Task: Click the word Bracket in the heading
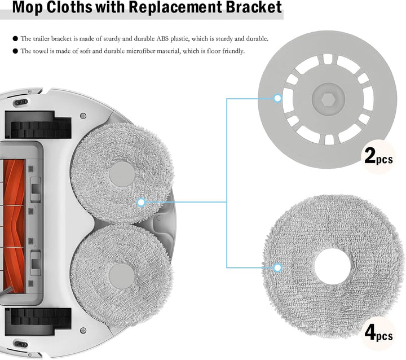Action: tap(254, 7)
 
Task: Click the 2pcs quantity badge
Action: tap(378, 156)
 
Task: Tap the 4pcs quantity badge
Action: tap(378, 333)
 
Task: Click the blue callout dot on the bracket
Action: tap(277, 99)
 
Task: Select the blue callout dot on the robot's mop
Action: tap(141, 202)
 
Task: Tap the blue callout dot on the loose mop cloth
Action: tap(277, 267)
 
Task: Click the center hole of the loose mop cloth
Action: tap(332, 266)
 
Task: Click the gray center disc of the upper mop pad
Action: tap(122, 174)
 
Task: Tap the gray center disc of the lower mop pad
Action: tap(122, 276)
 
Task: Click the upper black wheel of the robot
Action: tap(38, 125)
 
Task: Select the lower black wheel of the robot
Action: tap(38, 322)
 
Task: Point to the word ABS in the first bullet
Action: tap(162, 38)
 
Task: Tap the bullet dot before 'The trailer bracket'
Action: tap(15, 38)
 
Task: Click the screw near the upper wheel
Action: tap(83, 116)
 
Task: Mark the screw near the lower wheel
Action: tap(83, 331)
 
